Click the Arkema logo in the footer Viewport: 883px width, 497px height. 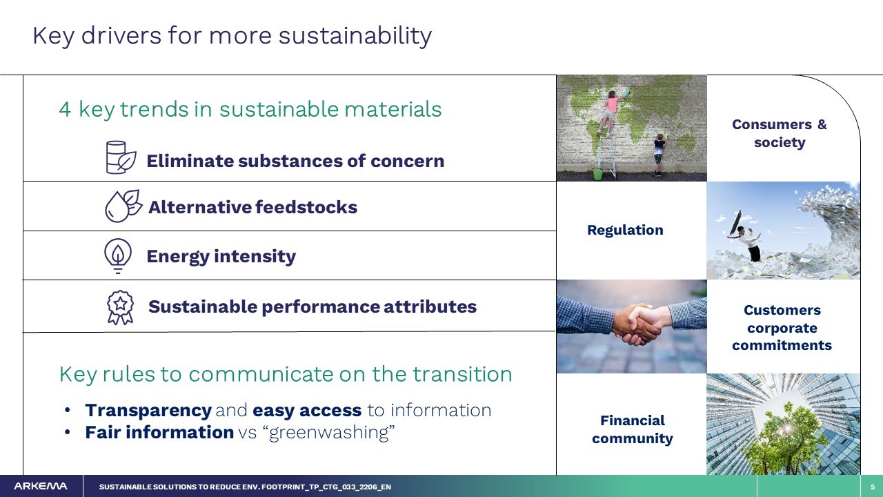point(41,487)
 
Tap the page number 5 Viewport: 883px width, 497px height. point(873,487)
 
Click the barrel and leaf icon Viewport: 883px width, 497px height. point(121,157)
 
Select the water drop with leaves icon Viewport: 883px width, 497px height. point(123,206)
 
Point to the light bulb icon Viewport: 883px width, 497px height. point(118,255)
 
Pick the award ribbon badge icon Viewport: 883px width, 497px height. point(120,308)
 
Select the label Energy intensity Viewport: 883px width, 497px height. point(221,256)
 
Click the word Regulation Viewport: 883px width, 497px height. point(625,230)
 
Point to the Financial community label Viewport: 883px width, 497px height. point(633,429)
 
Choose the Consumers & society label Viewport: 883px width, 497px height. point(780,133)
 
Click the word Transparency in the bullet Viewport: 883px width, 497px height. point(148,411)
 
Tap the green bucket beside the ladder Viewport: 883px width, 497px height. point(598,174)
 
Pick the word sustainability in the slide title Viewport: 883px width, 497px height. point(355,36)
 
